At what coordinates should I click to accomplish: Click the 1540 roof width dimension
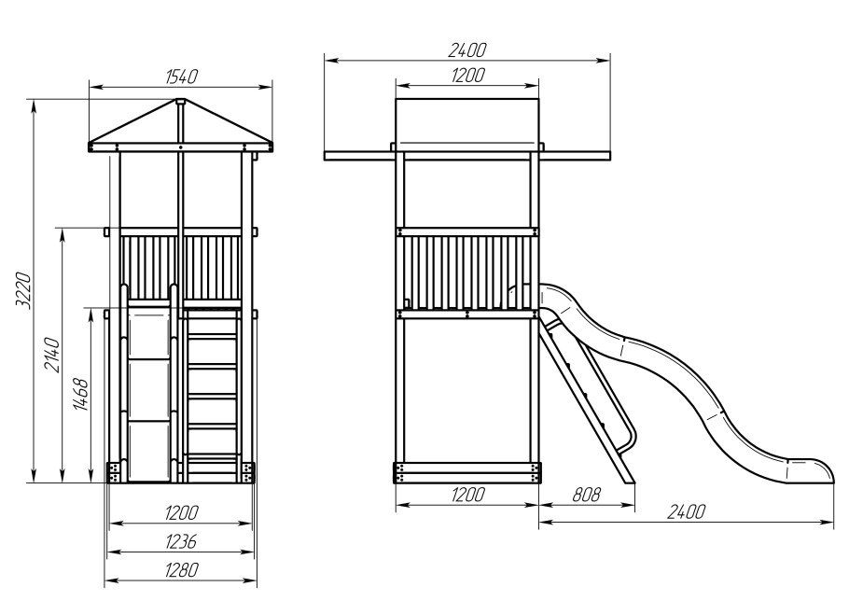(x=181, y=77)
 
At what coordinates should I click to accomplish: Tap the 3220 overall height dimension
(x=23, y=291)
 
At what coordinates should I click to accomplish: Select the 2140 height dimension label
(x=52, y=355)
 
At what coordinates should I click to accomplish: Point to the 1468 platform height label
(x=81, y=395)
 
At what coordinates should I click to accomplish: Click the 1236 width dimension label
(x=180, y=541)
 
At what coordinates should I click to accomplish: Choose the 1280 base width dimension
(x=181, y=569)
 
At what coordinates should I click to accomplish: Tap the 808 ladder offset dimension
(x=587, y=495)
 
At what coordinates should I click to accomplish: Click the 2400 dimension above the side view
(x=467, y=50)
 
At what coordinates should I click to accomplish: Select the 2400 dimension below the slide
(x=686, y=511)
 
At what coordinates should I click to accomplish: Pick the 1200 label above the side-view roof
(x=467, y=76)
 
